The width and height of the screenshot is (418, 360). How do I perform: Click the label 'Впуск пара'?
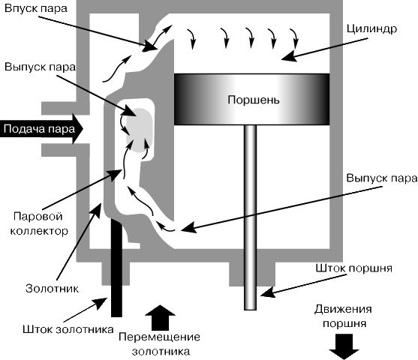(x=36, y=8)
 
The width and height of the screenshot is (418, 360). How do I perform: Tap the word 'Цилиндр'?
(x=371, y=28)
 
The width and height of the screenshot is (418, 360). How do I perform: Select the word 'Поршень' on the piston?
(x=254, y=100)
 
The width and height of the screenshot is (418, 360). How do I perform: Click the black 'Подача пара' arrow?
(x=41, y=129)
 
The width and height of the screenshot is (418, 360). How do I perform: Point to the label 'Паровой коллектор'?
(x=39, y=223)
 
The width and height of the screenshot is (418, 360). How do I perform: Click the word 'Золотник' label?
(x=52, y=289)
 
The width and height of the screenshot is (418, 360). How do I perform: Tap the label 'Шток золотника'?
(x=68, y=329)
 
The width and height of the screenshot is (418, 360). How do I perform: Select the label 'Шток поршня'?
(x=353, y=268)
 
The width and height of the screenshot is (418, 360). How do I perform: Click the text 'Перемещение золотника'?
(x=160, y=344)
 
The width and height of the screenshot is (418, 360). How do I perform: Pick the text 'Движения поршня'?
(x=344, y=316)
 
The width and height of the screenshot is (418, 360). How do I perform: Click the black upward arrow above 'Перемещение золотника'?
(x=160, y=318)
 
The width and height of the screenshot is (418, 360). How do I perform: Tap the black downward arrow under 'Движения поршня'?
(x=344, y=346)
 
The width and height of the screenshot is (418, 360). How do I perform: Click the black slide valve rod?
(x=116, y=268)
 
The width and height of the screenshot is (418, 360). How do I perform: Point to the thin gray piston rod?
(x=251, y=217)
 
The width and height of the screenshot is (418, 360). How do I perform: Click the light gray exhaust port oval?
(x=140, y=130)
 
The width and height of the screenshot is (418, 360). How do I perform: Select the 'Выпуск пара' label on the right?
(x=382, y=178)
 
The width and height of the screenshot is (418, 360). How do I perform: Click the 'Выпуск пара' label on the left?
(x=40, y=67)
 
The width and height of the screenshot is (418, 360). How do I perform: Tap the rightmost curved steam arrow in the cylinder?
(x=294, y=38)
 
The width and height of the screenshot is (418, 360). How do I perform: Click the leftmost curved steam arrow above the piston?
(x=191, y=39)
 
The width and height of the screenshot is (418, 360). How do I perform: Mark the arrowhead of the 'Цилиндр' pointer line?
(x=289, y=56)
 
